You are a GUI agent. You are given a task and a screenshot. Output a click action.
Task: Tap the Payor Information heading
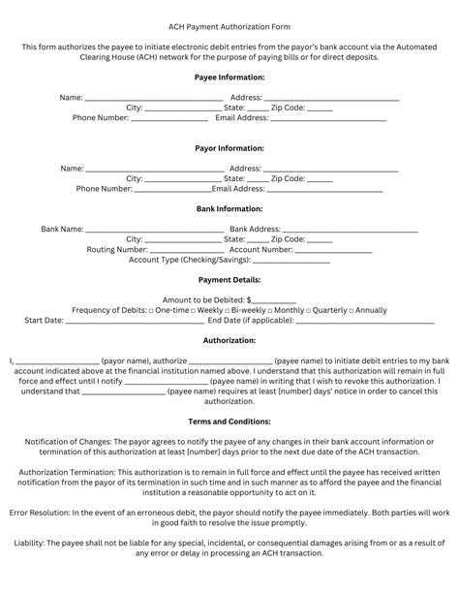[229, 149]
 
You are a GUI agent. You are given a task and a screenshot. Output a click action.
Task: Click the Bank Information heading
[229, 208]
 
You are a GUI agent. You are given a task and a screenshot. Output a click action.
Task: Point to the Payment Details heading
[229, 279]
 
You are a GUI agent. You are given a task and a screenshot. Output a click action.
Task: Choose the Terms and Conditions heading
[229, 422]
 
